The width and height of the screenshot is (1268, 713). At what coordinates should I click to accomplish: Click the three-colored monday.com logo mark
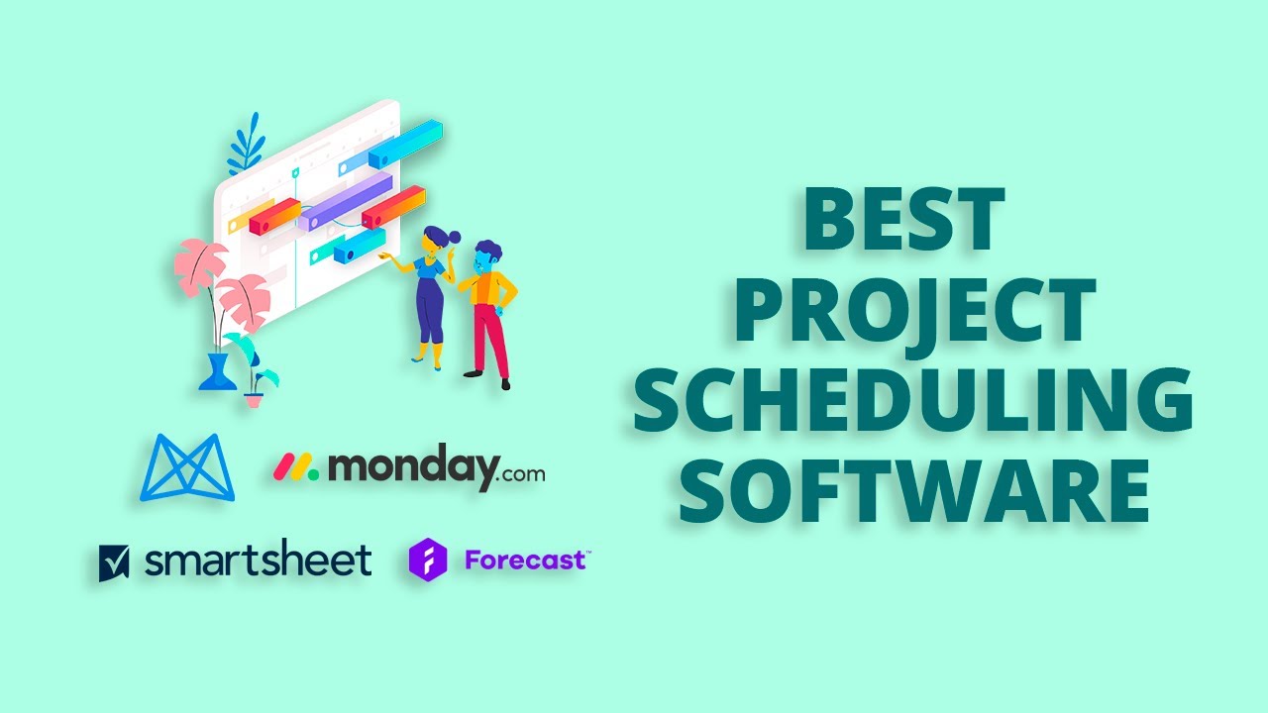coord(296,467)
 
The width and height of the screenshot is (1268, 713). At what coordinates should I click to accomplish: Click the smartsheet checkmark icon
coord(114,562)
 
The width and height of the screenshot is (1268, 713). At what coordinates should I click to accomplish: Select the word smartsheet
coord(258,560)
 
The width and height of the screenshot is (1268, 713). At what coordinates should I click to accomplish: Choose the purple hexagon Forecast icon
coord(428,560)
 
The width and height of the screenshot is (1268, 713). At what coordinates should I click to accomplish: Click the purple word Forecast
coord(525,560)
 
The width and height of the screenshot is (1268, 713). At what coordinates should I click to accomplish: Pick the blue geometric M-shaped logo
coord(187,467)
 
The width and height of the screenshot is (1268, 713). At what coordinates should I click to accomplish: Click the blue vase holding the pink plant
coord(217,371)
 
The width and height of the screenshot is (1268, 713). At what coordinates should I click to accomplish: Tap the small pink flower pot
coord(255,399)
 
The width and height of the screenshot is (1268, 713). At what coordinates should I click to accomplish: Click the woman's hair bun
coord(454,238)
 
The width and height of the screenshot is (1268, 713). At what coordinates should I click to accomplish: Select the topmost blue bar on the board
coord(405,145)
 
